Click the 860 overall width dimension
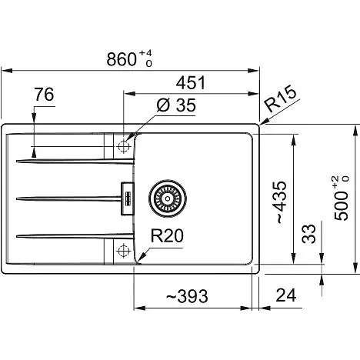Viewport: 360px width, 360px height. click(x=122, y=59)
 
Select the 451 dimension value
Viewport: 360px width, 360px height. click(x=191, y=82)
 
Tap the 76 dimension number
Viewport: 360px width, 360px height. click(x=44, y=95)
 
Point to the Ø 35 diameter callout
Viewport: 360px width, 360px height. click(x=176, y=105)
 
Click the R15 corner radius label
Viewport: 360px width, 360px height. click(x=280, y=99)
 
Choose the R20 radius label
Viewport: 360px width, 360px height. click(x=167, y=235)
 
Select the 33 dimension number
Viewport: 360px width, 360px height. click(x=308, y=234)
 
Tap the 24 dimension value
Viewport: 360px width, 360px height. click(x=286, y=295)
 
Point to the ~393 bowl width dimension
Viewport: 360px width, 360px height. click(x=187, y=296)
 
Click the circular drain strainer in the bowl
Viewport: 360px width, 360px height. click(x=168, y=198)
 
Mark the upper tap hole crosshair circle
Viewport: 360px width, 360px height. click(x=123, y=146)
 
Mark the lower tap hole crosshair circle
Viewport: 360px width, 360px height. click(x=123, y=250)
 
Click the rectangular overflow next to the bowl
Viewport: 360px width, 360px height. click(x=128, y=198)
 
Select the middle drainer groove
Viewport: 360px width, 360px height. click(x=68, y=198)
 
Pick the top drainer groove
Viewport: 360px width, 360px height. click(x=75, y=162)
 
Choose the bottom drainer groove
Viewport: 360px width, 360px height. click(x=75, y=235)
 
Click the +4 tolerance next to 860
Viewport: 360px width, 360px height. click(x=145, y=54)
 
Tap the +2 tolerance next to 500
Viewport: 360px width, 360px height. click(x=336, y=182)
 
